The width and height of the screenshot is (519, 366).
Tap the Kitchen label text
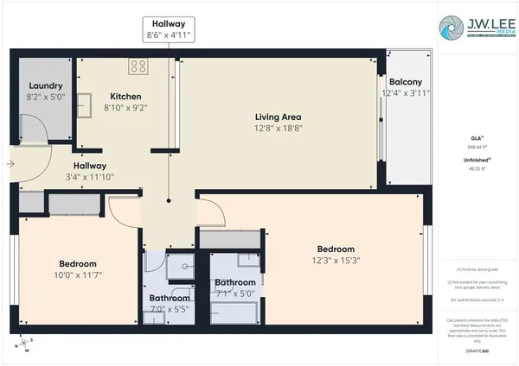coord(125,96)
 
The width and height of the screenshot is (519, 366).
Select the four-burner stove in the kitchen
coord(138,66)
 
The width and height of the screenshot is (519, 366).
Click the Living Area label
coord(277,117)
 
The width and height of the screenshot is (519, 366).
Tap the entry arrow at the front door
coord(10,162)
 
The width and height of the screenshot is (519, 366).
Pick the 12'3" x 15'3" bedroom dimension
coord(335,259)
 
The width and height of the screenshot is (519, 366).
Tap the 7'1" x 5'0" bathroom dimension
coord(234,293)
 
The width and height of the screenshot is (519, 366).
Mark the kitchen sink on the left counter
coord(86,104)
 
